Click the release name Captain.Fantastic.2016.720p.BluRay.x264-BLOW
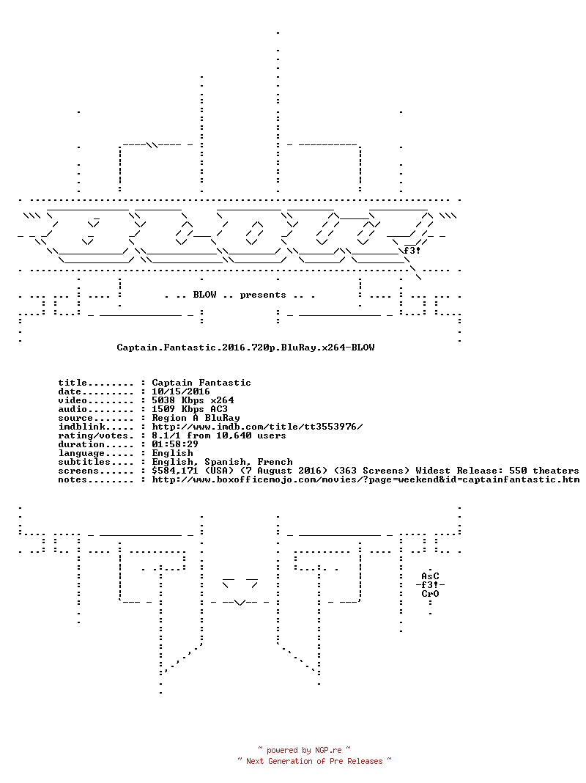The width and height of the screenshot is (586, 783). [x=245, y=348]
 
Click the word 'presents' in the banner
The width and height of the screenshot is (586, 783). [x=263, y=295]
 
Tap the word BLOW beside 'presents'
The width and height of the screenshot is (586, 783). [x=204, y=295]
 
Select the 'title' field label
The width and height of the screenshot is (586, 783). [x=73, y=383]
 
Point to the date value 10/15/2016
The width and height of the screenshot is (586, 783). [x=180, y=391]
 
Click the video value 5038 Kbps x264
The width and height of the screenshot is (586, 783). [x=193, y=400]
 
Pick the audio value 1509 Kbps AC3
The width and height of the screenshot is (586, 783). [x=190, y=409]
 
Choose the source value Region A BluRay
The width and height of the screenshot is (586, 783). [x=196, y=418]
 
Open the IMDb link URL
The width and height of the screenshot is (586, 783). [x=257, y=427]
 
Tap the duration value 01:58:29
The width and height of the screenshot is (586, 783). [x=175, y=444]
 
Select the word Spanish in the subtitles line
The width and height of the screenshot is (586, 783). [x=225, y=463]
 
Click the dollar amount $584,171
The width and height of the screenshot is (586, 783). [x=174, y=471]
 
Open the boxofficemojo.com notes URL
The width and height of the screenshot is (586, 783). [x=366, y=480]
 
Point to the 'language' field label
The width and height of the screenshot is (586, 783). [x=81, y=453]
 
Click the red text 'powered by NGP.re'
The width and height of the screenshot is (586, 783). [x=304, y=750]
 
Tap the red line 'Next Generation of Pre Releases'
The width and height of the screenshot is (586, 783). [x=314, y=761]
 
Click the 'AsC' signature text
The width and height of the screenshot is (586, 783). [x=430, y=576]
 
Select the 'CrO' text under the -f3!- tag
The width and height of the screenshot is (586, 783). [x=430, y=594]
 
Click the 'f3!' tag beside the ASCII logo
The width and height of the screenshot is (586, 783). [x=412, y=251]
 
